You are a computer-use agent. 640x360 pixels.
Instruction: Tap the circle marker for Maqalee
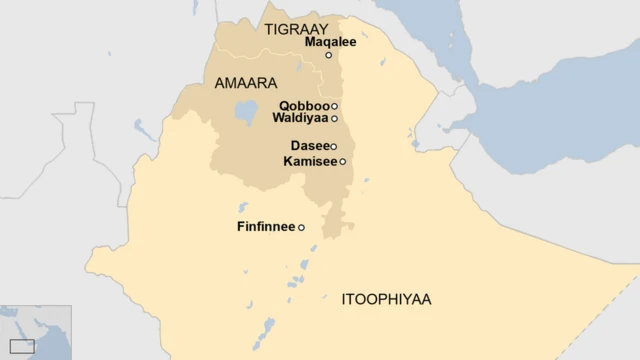pyautogui.click(x=328, y=55)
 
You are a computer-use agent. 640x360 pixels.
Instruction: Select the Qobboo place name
pyautogui.click(x=304, y=105)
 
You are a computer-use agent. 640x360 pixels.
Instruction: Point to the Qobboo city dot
pyautogui.click(x=334, y=106)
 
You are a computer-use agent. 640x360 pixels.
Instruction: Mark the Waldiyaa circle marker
pyautogui.click(x=334, y=119)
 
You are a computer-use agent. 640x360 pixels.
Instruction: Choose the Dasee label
pyautogui.click(x=309, y=146)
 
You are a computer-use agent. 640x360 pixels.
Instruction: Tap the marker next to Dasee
pyautogui.click(x=334, y=147)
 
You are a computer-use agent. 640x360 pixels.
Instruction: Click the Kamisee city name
pyautogui.click(x=310, y=161)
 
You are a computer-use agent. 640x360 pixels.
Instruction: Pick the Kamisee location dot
pyautogui.click(x=342, y=161)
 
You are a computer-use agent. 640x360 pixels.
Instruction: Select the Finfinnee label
pyautogui.click(x=266, y=227)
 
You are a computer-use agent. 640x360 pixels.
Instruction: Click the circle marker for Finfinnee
pyautogui.click(x=301, y=228)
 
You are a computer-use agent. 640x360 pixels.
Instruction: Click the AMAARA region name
pyautogui.click(x=245, y=84)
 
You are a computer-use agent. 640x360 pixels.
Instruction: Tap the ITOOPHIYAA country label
pyautogui.click(x=386, y=298)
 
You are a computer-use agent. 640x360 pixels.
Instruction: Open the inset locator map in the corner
pyautogui.click(x=35, y=332)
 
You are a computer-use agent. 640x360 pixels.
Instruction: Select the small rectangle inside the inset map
pyautogui.click(x=21, y=346)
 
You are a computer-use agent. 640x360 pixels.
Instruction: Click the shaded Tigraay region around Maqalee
pyautogui.click(x=300, y=60)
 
